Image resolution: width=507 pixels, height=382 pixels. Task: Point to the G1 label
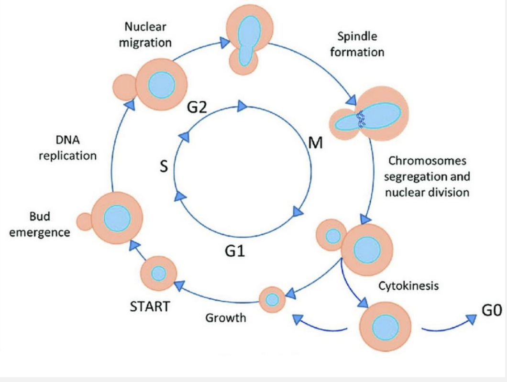point(234,250)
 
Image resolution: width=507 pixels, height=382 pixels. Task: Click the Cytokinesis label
point(408,286)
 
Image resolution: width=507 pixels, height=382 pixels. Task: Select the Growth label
point(226,317)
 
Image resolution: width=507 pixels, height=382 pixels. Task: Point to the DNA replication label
point(67,148)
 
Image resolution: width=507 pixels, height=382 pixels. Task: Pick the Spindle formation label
point(357,44)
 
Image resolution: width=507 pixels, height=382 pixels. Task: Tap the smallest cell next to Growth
point(272,300)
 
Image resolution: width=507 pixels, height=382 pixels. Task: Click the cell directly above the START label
point(158,273)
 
